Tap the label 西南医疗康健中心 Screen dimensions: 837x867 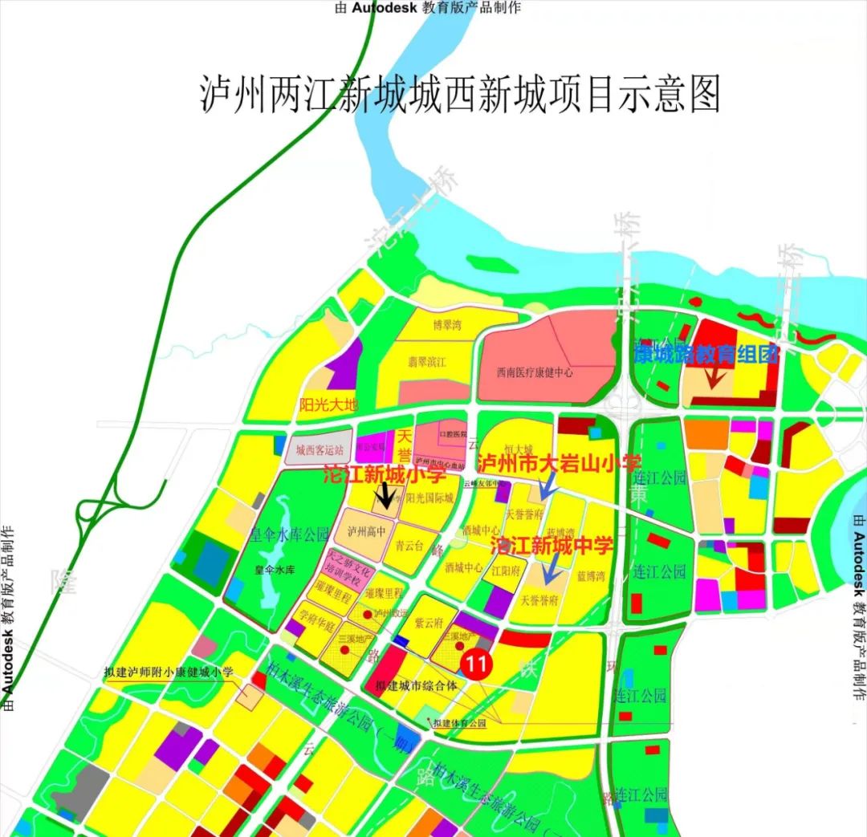click(534, 373)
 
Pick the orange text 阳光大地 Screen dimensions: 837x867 click(327, 404)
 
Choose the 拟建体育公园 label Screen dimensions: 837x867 click(460, 724)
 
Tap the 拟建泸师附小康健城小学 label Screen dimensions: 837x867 click(169, 672)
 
